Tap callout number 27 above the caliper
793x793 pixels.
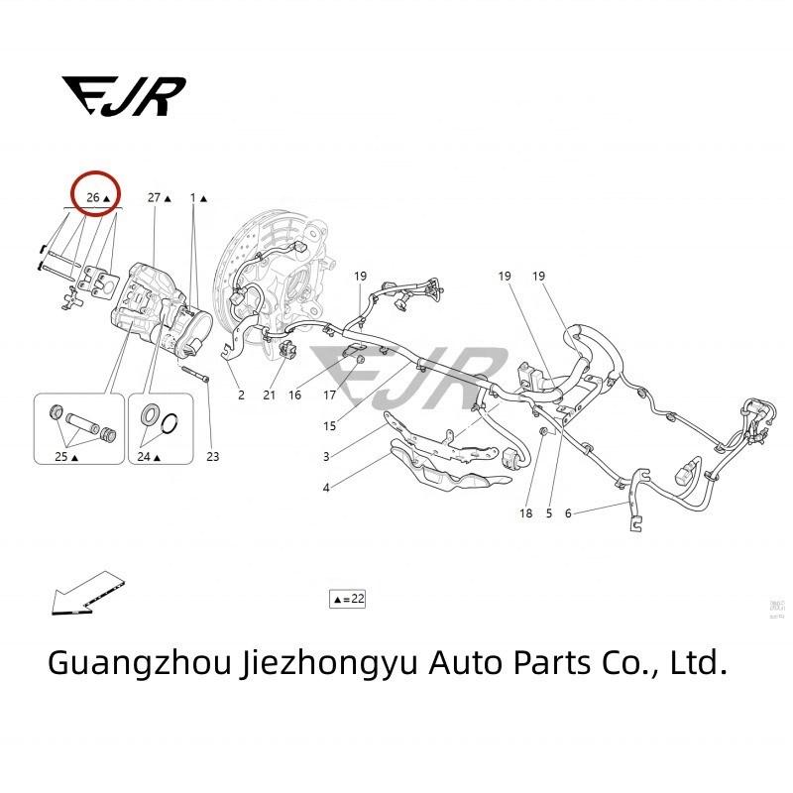coord(156,198)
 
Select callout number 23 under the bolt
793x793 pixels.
coord(212,457)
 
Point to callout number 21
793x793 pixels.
coord(269,395)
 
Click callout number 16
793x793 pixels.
coord(294,395)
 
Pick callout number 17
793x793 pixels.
coord(330,395)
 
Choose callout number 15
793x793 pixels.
coord(329,426)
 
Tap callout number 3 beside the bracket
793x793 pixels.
coord(326,457)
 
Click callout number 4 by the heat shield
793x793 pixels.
coord(326,487)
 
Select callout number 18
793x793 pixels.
coord(525,513)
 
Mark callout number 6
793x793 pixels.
coord(568,513)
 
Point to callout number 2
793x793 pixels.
coord(241,395)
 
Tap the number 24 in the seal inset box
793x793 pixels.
coord(145,457)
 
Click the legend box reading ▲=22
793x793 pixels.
coord(348,599)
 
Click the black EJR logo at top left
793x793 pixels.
coord(123,95)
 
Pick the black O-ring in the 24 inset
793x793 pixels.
coord(170,423)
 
